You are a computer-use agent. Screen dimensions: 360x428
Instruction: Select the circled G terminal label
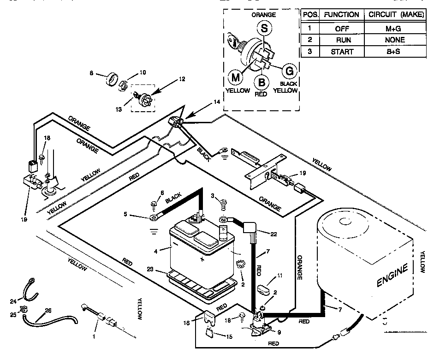(x=289, y=71)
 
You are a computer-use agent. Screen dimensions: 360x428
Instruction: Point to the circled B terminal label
(x=262, y=83)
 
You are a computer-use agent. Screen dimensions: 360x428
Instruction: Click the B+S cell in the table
(x=394, y=51)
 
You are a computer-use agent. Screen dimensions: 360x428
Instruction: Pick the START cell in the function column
(x=342, y=51)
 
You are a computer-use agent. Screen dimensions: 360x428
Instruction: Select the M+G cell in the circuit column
(x=394, y=28)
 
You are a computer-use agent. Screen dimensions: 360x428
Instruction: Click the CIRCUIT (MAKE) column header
(x=396, y=14)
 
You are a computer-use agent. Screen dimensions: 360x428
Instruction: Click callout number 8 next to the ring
(x=91, y=73)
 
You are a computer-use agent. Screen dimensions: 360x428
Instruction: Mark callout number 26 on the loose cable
(x=48, y=311)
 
